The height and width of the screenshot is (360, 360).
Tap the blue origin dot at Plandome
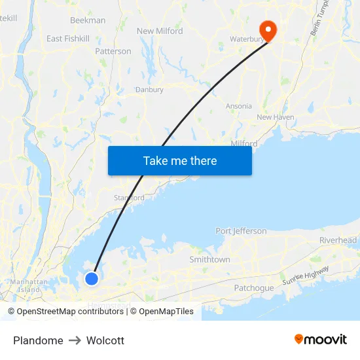[x=92, y=279]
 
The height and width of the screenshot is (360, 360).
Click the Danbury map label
[x=149, y=90]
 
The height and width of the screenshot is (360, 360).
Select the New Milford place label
[x=160, y=31]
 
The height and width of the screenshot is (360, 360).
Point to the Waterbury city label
[x=246, y=39]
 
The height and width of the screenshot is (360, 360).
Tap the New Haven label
[x=275, y=117]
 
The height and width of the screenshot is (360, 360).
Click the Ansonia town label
[x=238, y=106]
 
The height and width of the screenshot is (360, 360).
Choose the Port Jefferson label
[x=241, y=231]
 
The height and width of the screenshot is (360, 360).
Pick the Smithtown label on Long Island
[x=209, y=260]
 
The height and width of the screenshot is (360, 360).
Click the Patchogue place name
[x=253, y=288]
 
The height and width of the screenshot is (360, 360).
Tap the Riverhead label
[x=338, y=241]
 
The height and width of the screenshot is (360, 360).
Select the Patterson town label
[x=113, y=51]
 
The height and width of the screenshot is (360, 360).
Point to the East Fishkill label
[x=68, y=39]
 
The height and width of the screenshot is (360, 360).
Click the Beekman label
[x=88, y=20]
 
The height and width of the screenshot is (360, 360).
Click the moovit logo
[x=320, y=339]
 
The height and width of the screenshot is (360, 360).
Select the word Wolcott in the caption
[x=105, y=340]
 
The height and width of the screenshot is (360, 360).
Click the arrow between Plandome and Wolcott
[x=75, y=340]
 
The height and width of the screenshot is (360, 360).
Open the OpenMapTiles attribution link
[x=166, y=312]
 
